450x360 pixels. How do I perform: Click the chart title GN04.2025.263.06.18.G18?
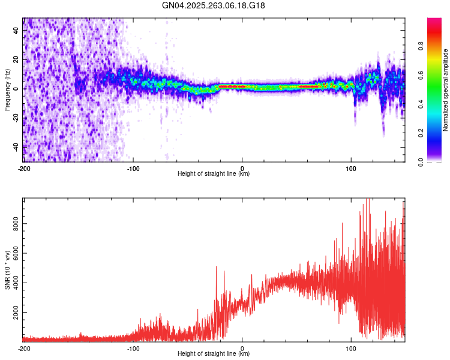214,5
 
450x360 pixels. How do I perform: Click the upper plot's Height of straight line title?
214,173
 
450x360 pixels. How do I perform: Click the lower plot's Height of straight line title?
214,353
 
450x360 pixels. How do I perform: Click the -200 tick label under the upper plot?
24,167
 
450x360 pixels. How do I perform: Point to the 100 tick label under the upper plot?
351,167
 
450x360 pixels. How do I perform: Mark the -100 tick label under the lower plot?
133,347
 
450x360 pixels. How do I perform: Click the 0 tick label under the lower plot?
242,347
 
